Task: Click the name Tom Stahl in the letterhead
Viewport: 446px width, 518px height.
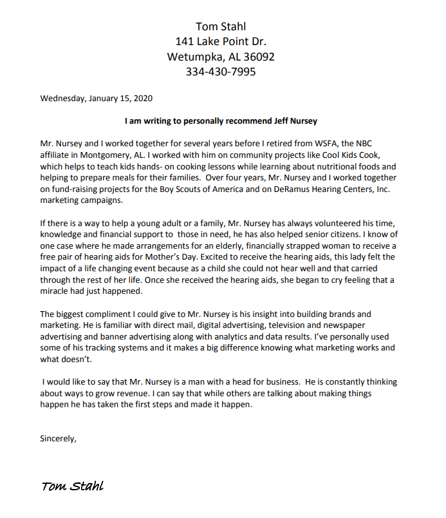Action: click(x=221, y=26)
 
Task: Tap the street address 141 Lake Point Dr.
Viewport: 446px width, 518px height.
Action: click(x=221, y=41)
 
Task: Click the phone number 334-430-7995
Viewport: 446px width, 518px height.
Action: click(x=221, y=72)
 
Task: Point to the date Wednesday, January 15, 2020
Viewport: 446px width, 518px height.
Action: click(x=97, y=99)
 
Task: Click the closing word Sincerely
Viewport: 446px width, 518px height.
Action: click(x=58, y=439)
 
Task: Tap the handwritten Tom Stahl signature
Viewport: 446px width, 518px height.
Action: click(x=72, y=486)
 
